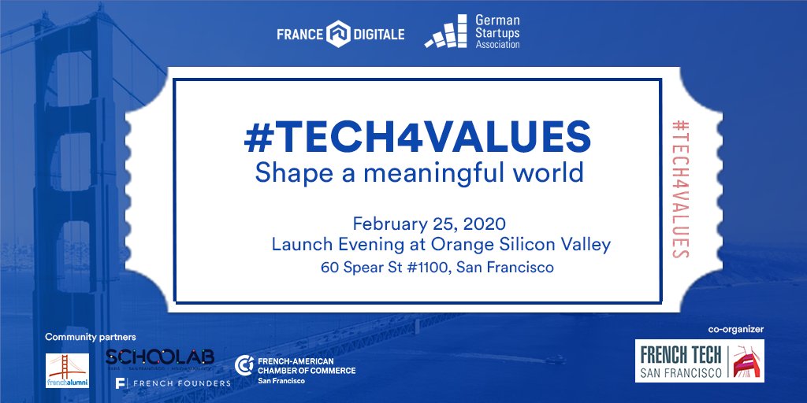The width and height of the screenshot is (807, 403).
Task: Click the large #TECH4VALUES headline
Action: point(418,137)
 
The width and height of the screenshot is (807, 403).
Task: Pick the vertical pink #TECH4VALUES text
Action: point(678,189)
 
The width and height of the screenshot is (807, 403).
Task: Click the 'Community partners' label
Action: point(91,337)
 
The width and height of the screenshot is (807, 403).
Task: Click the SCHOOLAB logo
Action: point(159,358)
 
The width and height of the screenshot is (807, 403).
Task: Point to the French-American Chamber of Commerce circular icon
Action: point(244,365)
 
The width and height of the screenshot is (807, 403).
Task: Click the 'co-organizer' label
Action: point(736,328)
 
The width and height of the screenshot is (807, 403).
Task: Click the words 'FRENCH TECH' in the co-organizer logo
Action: point(679,352)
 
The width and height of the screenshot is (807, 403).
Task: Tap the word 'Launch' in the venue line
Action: point(299,245)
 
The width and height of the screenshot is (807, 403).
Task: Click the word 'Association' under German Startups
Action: point(497,45)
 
